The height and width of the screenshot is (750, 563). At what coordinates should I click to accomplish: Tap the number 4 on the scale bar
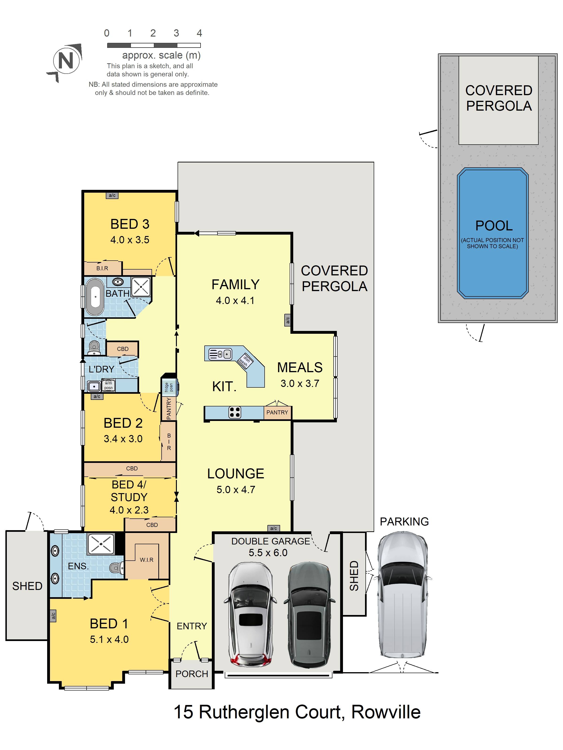(x=199, y=33)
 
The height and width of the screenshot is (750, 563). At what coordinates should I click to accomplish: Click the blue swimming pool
(x=492, y=233)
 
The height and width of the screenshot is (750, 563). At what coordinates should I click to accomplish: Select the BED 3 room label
(x=130, y=224)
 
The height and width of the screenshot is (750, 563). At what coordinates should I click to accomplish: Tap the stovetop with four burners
(x=235, y=412)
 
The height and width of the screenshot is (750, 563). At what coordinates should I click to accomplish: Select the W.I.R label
(x=147, y=560)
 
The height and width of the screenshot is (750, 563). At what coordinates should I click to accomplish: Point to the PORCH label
(x=192, y=674)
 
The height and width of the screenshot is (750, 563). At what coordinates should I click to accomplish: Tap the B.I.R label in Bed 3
(x=102, y=268)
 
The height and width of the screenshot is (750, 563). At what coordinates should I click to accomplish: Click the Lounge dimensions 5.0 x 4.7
(x=236, y=490)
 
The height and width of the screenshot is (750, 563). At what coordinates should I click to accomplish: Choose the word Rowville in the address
(x=386, y=712)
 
